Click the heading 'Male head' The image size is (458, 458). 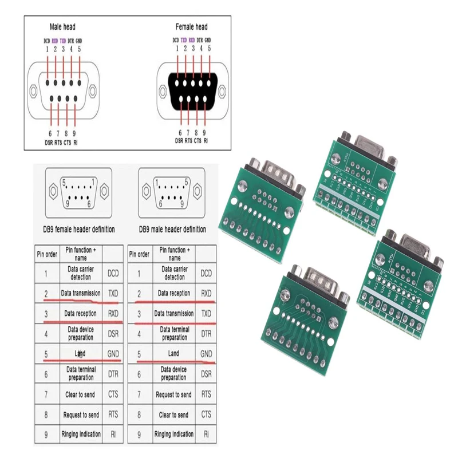(62, 27)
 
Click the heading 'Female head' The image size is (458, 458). (192, 27)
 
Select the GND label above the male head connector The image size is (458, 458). (79, 41)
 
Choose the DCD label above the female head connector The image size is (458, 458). (176, 41)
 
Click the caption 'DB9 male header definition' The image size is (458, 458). (172, 229)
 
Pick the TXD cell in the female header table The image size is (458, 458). (113, 294)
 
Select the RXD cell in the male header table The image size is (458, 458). (206, 294)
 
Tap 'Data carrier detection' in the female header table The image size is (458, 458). (81, 273)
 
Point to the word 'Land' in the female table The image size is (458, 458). (80, 354)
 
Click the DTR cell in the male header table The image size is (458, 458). (206, 334)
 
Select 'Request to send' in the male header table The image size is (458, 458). (174, 394)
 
